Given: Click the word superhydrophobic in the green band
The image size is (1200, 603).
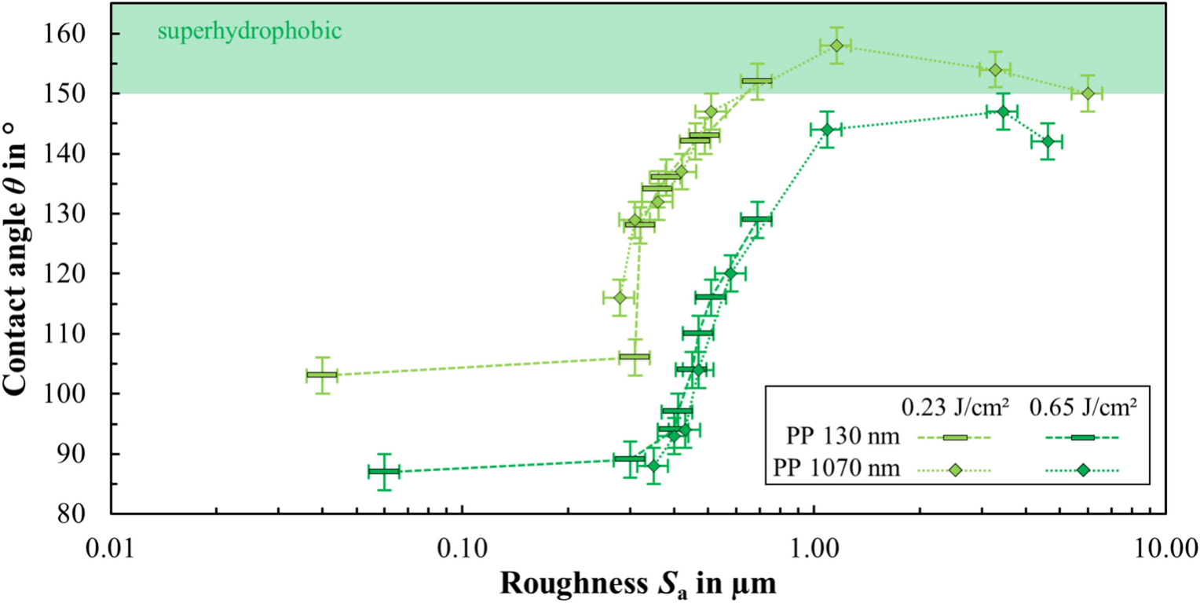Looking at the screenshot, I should click(249, 32).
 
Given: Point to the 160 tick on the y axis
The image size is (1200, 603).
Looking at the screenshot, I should click(75, 34).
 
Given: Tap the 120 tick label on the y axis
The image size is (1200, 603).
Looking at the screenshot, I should click(75, 274).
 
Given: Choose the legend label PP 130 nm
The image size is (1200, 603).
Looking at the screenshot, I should click(846, 437).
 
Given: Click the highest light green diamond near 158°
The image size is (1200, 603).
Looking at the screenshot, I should click(837, 46).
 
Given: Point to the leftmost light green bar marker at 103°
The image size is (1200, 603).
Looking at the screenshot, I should click(322, 375).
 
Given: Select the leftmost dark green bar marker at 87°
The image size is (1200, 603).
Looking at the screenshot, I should click(384, 472).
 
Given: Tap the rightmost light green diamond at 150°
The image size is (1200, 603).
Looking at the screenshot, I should click(1088, 93).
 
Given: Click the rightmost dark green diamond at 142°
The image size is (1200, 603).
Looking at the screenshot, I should click(1047, 141).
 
